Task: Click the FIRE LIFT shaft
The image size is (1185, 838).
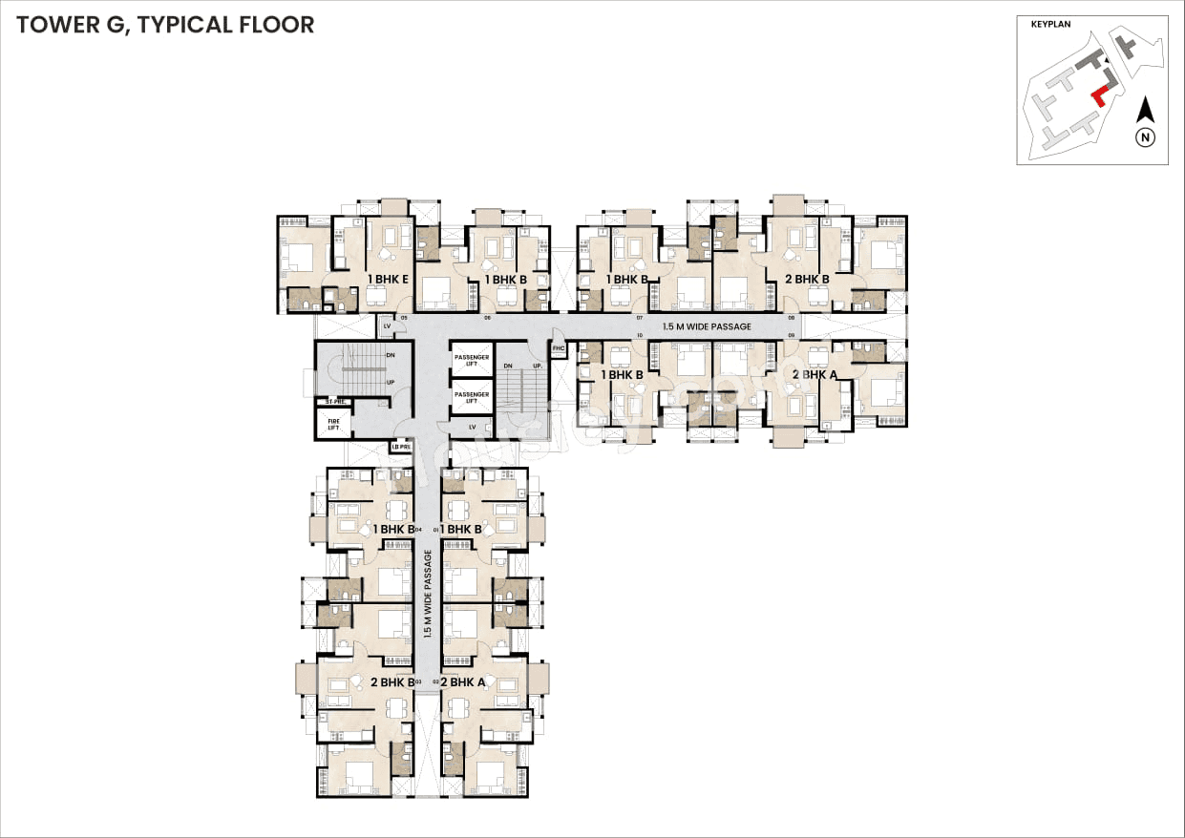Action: pyautogui.click(x=333, y=423)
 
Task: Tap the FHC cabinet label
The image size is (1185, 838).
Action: pyautogui.click(x=560, y=349)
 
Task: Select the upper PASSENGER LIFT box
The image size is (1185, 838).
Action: pyautogui.click(x=471, y=361)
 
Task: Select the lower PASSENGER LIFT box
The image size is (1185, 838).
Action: pyautogui.click(x=471, y=397)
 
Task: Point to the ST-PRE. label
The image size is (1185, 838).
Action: pyautogui.click(x=334, y=401)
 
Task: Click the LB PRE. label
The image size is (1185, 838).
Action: pyautogui.click(x=401, y=446)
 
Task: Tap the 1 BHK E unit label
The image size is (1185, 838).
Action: pyautogui.click(x=389, y=280)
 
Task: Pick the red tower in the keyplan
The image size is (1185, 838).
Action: pyautogui.click(x=1099, y=95)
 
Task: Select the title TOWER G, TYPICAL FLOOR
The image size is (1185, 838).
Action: pyautogui.click(x=165, y=26)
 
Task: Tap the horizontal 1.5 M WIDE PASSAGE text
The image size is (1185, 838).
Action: pyautogui.click(x=707, y=326)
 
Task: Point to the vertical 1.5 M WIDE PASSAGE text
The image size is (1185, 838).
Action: pyautogui.click(x=429, y=596)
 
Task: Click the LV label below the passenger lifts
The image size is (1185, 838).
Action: pyautogui.click(x=472, y=426)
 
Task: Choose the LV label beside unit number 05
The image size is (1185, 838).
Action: pyautogui.click(x=387, y=326)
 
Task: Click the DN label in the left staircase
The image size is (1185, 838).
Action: pyautogui.click(x=390, y=356)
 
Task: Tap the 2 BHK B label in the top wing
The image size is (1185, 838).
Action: pyautogui.click(x=807, y=280)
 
